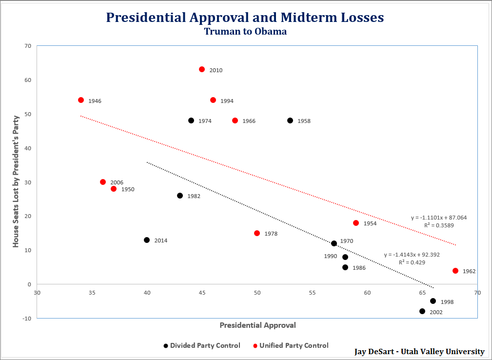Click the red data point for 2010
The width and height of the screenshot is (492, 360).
click(x=202, y=69)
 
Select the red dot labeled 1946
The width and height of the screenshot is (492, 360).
click(x=81, y=100)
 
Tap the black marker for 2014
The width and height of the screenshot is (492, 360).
click(x=147, y=240)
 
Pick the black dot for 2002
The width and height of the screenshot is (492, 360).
click(x=422, y=311)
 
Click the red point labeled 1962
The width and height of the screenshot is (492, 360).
click(x=455, y=271)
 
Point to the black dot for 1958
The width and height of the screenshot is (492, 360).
click(x=290, y=120)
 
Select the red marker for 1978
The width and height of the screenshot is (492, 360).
click(x=257, y=233)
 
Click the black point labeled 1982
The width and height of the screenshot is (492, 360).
click(x=180, y=196)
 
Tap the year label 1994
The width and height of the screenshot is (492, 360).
click(x=227, y=101)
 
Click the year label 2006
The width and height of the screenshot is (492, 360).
click(x=117, y=183)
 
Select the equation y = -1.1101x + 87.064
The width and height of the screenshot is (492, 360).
click(x=439, y=218)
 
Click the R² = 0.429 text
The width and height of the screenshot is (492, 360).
click(x=412, y=262)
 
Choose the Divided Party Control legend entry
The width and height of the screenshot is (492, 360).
click(x=205, y=345)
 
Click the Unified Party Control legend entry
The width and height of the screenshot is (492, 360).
click(x=294, y=345)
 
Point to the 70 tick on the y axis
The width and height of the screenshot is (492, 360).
click(x=27, y=46)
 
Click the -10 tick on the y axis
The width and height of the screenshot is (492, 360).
click(x=26, y=319)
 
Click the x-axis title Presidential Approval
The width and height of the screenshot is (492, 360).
click(x=257, y=325)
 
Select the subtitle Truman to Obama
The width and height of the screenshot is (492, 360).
click(x=245, y=32)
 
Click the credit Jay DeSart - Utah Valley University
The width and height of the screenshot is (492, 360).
click(x=419, y=352)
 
